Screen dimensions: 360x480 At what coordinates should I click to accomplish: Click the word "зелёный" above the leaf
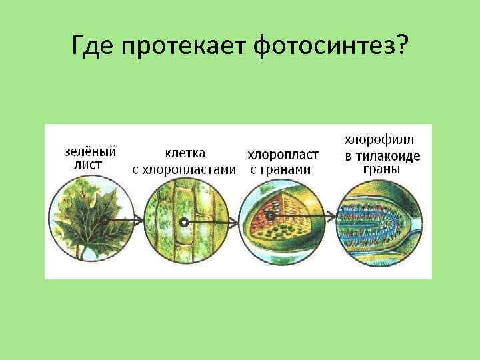(x=90, y=151)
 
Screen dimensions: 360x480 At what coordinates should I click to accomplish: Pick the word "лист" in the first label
(x=87, y=164)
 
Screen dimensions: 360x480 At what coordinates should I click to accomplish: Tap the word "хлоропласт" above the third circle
(x=283, y=154)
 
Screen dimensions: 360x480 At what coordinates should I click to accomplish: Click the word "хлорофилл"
(x=379, y=140)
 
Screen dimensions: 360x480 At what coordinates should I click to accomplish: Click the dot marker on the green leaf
(x=105, y=219)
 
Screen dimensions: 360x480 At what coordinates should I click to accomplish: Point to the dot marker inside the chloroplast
(x=270, y=217)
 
